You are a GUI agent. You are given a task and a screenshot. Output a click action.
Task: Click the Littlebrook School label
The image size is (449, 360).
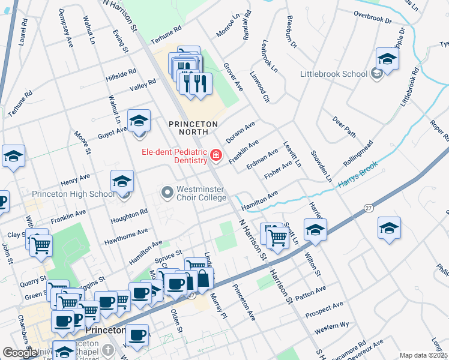click(x=334, y=74)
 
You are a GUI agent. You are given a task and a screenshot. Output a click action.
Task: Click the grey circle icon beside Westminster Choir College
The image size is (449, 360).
click(x=167, y=193)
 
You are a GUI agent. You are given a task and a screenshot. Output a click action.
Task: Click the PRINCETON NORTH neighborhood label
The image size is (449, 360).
click(x=192, y=124)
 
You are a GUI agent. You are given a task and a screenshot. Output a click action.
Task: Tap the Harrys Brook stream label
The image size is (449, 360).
click(x=358, y=175)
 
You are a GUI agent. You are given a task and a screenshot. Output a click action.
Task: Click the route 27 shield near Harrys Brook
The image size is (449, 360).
click(x=368, y=207)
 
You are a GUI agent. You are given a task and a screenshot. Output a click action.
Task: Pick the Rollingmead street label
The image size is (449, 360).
click(x=358, y=154)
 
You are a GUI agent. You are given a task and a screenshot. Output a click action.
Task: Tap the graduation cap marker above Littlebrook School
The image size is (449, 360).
click(x=387, y=59)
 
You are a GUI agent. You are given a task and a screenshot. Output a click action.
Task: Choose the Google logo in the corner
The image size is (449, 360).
click(x=20, y=353)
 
